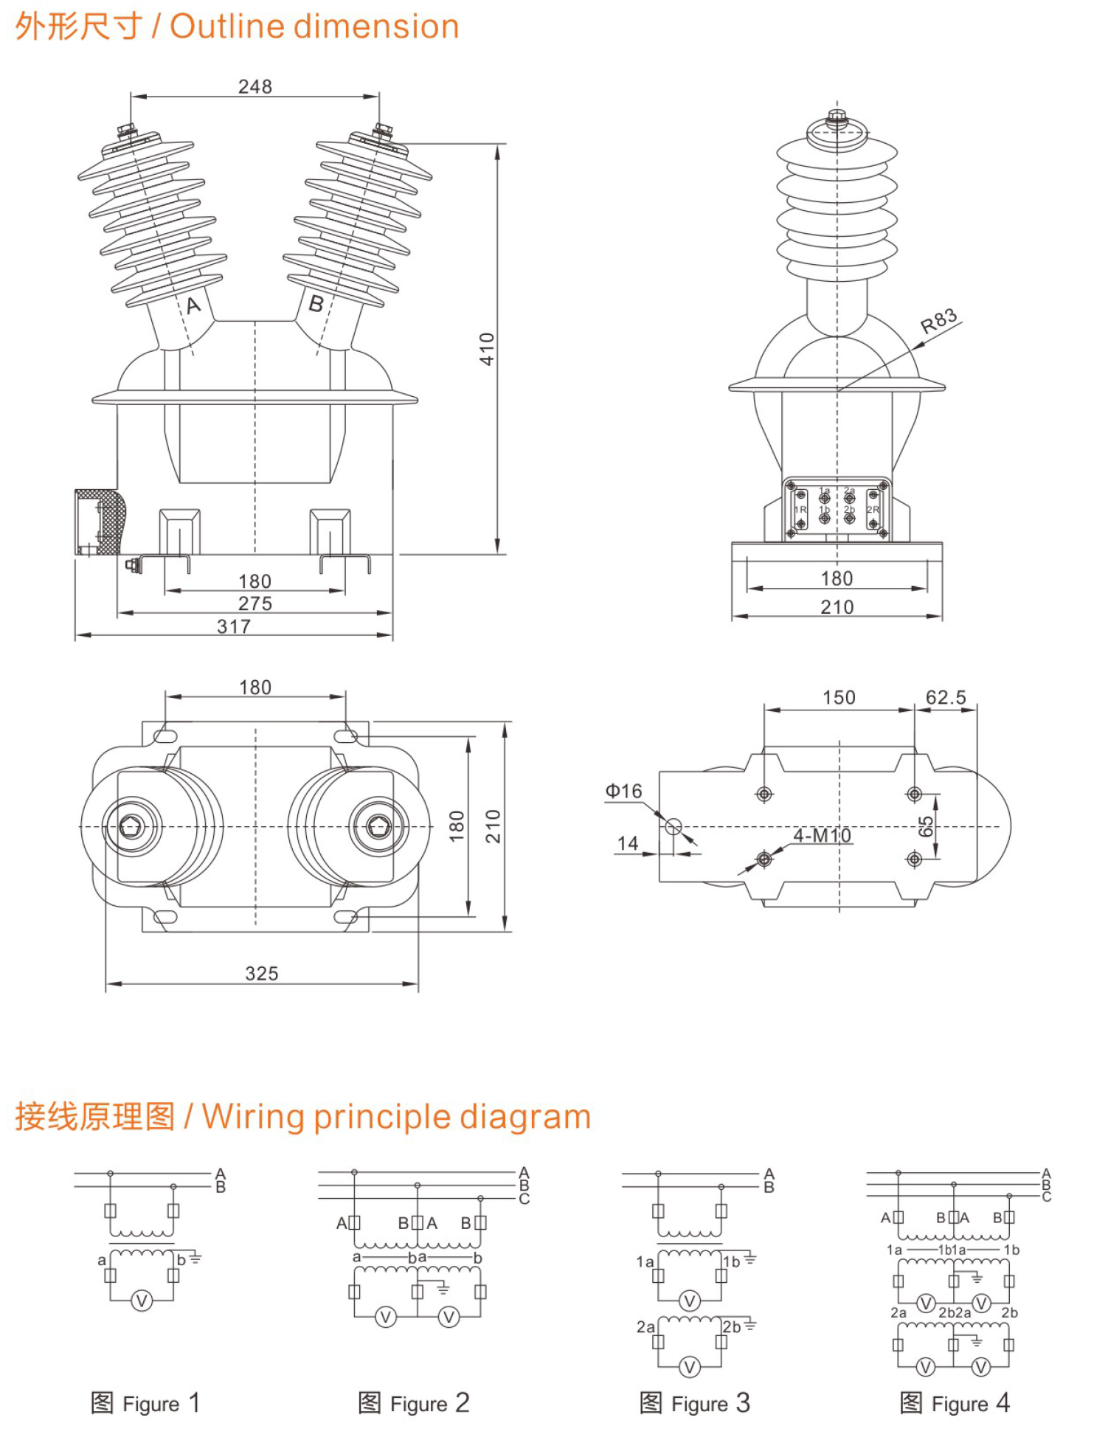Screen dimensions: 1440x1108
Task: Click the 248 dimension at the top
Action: pos(255,87)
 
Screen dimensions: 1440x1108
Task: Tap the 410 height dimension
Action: pos(487,348)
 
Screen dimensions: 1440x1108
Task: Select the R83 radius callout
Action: pos(938,322)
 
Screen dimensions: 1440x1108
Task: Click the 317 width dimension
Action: pos(234,626)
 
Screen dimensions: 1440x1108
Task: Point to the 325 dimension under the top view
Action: pos(262,974)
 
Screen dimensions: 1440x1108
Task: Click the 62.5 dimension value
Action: pos(946,697)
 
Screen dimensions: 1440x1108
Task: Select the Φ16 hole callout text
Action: pos(623,791)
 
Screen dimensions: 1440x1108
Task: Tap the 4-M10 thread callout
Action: pos(822,835)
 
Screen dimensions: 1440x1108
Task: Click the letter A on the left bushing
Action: pos(193,305)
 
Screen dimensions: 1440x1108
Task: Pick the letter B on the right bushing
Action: pos(316,303)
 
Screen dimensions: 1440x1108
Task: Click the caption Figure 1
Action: pos(145,1402)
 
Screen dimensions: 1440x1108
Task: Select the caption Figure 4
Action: pos(955,1402)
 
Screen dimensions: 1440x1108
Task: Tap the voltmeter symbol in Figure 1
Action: pos(142,1301)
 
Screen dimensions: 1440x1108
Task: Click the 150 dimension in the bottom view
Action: pos(839,697)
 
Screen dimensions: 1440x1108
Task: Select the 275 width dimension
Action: pos(255,603)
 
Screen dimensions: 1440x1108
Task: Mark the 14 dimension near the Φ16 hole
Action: pos(628,842)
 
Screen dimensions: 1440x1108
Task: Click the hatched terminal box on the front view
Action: pos(100,522)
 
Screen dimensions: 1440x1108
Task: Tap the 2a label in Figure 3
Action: pos(645,1326)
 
